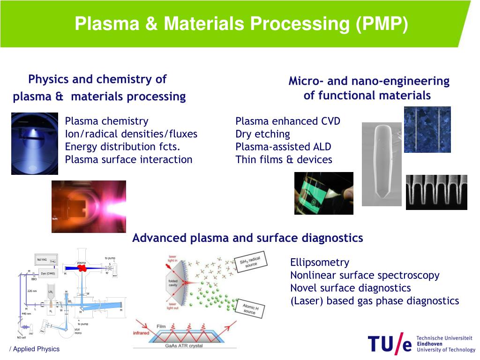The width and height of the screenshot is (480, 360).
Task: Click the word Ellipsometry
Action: click(x=320, y=262)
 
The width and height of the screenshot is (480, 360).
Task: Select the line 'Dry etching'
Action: click(x=262, y=134)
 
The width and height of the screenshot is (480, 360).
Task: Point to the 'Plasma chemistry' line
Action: click(x=106, y=121)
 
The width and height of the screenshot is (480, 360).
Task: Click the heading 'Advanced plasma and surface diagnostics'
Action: click(x=247, y=238)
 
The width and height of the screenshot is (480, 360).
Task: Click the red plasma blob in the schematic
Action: click(x=82, y=268)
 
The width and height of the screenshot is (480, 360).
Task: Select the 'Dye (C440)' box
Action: click(x=48, y=273)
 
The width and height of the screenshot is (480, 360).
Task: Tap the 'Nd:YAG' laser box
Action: click(x=42, y=260)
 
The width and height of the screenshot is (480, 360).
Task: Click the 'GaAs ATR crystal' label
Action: click(x=183, y=345)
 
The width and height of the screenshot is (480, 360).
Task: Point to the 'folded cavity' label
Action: click(x=173, y=283)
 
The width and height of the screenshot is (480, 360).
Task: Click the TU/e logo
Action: click(x=390, y=344)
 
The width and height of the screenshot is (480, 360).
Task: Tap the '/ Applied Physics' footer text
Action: click(x=35, y=349)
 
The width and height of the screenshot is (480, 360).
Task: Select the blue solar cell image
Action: click(x=427, y=129)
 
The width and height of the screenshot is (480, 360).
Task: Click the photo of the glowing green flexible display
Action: click(x=323, y=193)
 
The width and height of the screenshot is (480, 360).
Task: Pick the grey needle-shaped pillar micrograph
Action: click(x=382, y=164)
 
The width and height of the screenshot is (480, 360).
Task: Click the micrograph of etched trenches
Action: click(x=436, y=192)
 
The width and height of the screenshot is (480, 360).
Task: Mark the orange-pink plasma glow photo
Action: click(x=89, y=206)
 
